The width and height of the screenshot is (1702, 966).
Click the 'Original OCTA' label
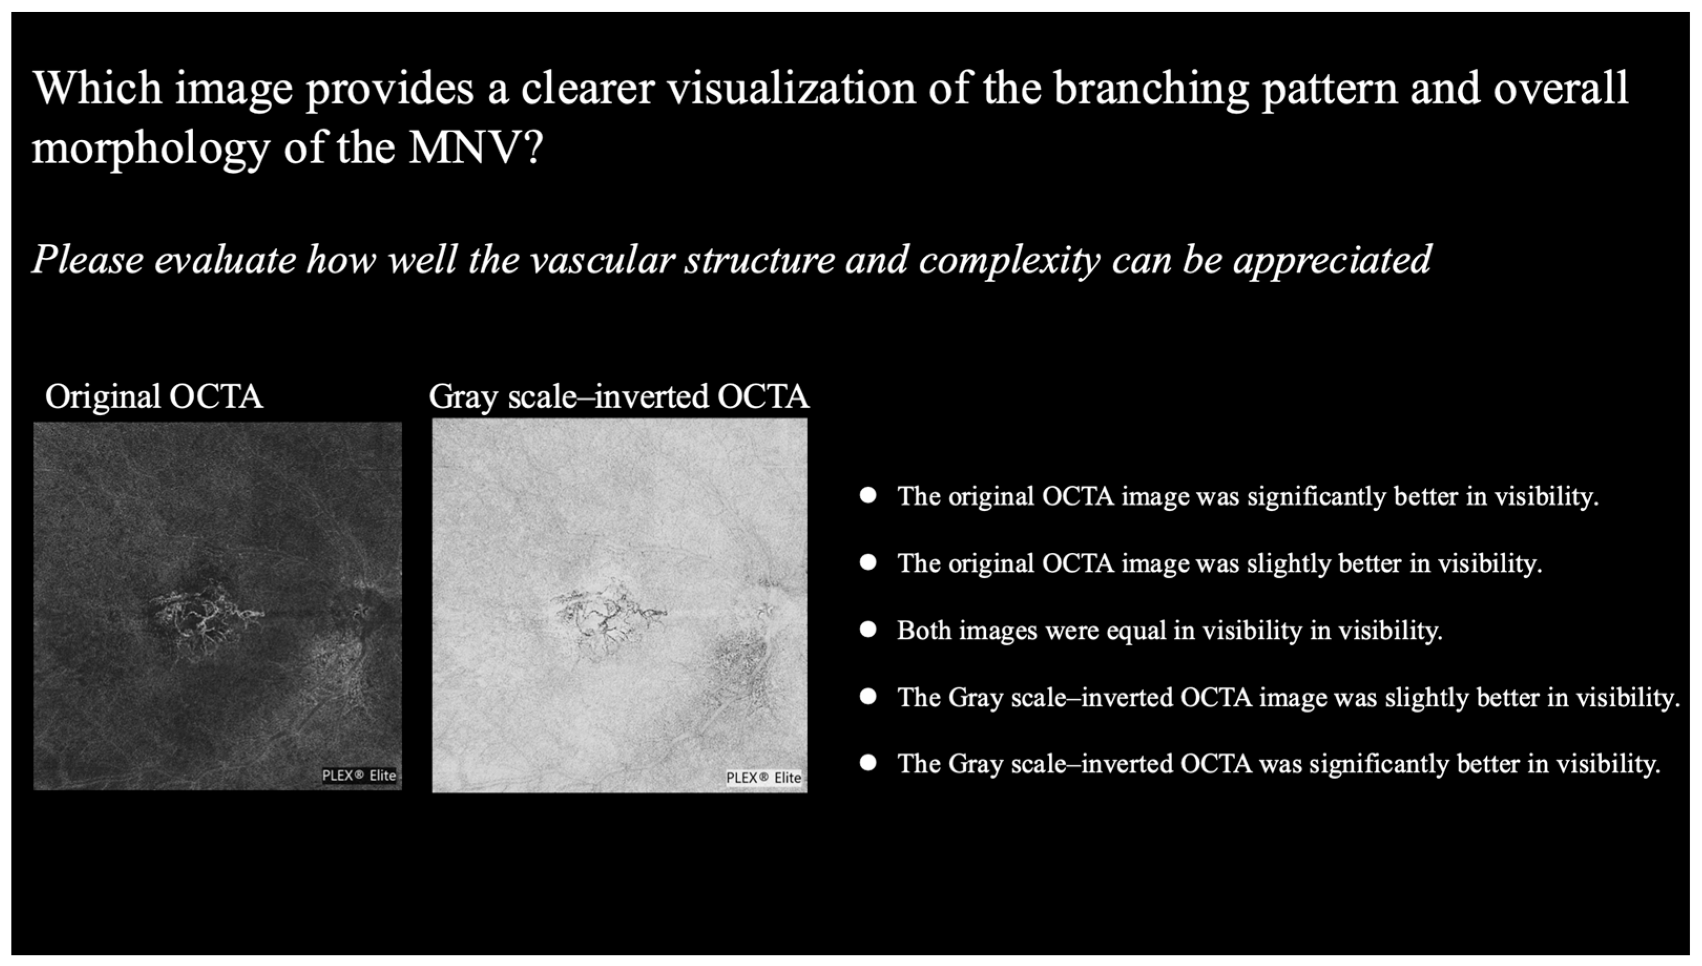(154, 397)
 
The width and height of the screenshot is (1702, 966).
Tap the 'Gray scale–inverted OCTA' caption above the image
(619, 397)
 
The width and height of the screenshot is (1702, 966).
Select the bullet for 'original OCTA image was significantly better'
(868, 496)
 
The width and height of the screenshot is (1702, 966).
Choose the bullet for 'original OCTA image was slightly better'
(868, 563)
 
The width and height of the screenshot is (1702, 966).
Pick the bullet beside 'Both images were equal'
(868, 629)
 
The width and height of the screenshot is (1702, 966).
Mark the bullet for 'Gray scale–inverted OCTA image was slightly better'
(868, 697)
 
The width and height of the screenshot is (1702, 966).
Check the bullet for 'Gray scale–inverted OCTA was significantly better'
(868, 763)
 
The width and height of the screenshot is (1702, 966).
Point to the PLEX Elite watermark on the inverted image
(764, 778)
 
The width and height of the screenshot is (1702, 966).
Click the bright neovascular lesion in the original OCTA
(202, 619)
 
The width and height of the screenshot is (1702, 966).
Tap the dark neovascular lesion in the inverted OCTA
(605, 618)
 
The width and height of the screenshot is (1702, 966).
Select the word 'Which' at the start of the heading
(97, 88)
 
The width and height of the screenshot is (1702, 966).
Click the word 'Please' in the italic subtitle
(88, 259)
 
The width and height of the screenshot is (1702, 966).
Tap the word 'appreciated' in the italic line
(1332, 260)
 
